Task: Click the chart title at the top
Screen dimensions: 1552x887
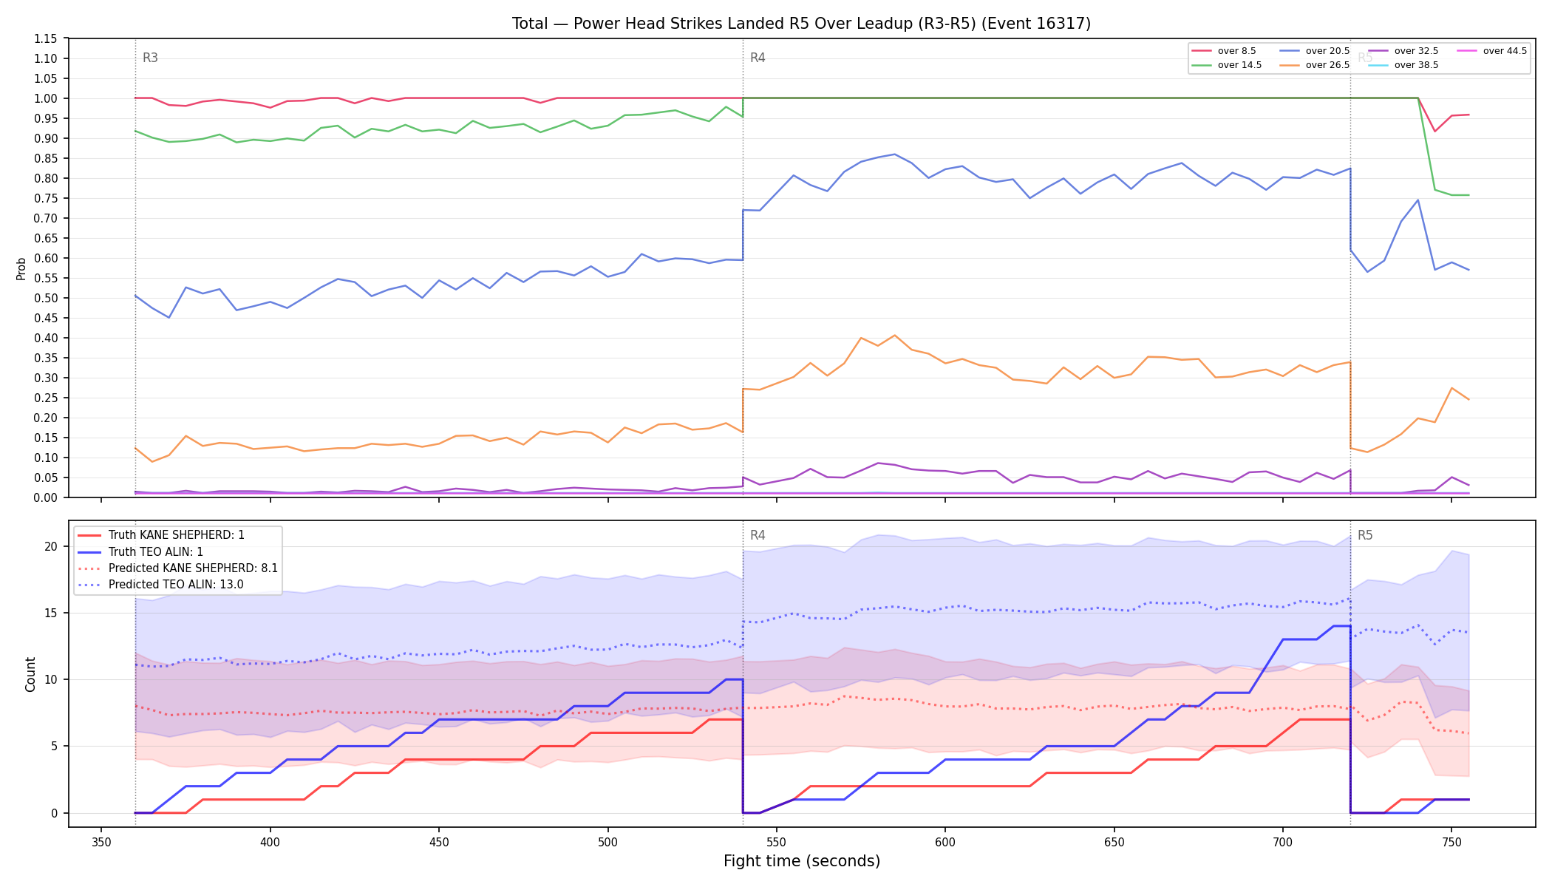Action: (x=801, y=24)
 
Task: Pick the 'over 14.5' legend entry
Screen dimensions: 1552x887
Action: (x=1227, y=65)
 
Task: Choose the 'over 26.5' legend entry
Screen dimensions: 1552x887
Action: (x=1315, y=65)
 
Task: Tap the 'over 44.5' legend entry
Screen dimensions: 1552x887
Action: (x=1492, y=51)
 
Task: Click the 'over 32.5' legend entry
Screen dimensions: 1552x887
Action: (x=1403, y=51)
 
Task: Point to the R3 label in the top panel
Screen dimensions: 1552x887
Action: (x=150, y=58)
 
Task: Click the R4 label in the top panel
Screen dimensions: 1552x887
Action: (x=758, y=58)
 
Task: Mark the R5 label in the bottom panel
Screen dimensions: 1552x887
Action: (x=1365, y=535)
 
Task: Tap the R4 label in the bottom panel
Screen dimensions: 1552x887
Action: (x=758, y=535)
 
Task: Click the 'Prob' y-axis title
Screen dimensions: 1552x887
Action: (x=21, y=268)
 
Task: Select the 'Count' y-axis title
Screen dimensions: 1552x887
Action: (x=30, y=674)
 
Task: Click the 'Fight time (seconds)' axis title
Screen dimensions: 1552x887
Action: (x=802, y=861)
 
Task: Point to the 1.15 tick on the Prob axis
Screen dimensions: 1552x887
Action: (x=47, y=38)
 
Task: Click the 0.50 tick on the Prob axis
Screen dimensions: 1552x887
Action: (x=47, y=298)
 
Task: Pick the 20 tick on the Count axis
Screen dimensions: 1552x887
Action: (x=50, y=547)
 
